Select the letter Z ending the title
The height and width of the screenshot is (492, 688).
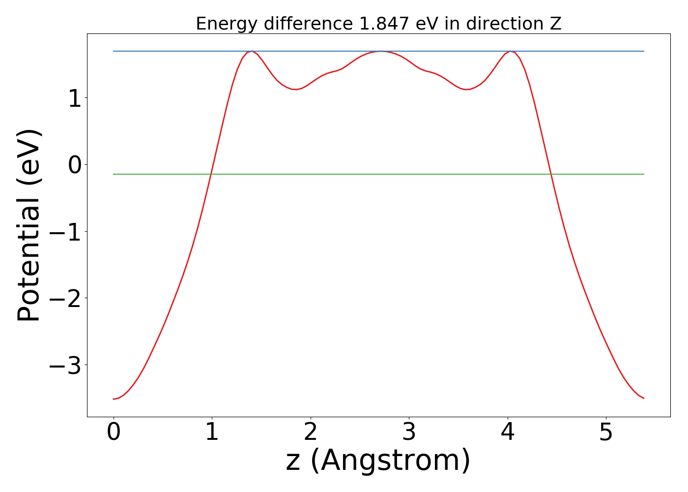tap(556, 24)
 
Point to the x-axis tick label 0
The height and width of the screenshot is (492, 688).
tap(114, 433)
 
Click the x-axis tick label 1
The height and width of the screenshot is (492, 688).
tap(212, 433)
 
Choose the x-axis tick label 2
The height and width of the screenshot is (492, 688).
tap(311, 433)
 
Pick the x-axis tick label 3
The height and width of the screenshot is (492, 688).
tap(409, 433)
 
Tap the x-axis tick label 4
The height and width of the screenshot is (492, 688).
tap(508, 433)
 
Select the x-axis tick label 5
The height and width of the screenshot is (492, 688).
tap(606, 433)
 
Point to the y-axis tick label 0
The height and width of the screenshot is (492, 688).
tap(75, 165)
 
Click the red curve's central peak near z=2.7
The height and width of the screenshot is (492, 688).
tap(380, 51)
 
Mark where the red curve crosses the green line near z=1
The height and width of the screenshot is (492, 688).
tap(211, 174)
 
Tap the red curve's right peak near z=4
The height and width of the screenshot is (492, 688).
tap(511, 51)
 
